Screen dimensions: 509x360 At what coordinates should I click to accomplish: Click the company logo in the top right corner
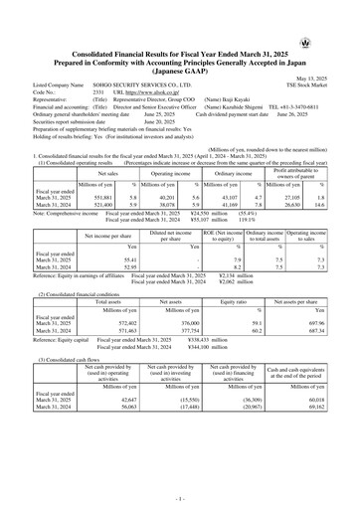point(332,15)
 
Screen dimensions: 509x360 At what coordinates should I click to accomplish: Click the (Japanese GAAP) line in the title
point(180,64)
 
